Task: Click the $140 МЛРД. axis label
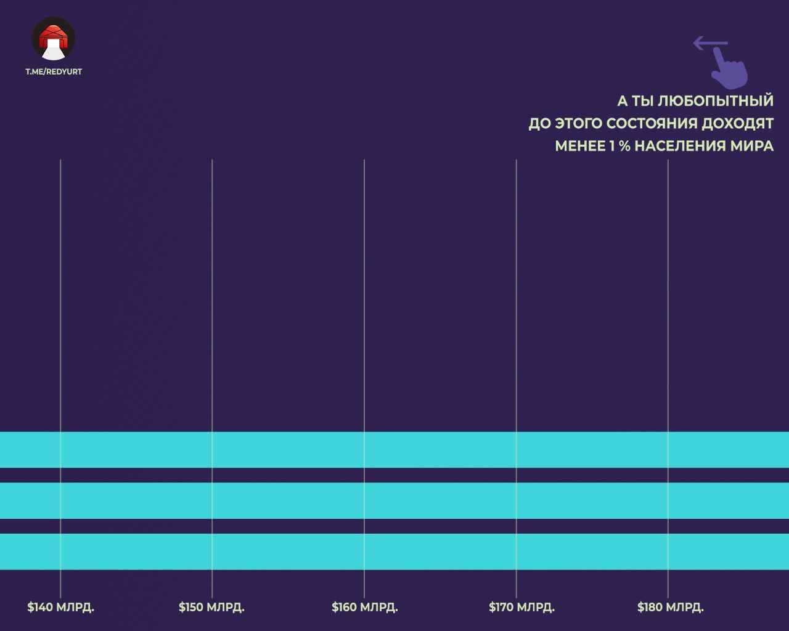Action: coord(61,607)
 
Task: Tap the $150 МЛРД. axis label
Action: coord(211,607)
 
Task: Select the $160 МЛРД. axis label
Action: coord(365,607)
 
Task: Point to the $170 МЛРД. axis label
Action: coord(521,607)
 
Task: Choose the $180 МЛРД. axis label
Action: coord(671,607)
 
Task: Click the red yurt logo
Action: coord(54,39)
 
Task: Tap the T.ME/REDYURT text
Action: coord(54,71)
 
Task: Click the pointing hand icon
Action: coord(729,69)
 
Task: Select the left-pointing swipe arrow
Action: coord(710,43)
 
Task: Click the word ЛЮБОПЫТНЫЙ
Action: coord(715,101)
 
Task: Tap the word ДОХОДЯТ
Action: coord(737,124)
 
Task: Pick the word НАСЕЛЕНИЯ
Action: coord(680,146)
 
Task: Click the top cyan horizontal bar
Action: coord(394,449)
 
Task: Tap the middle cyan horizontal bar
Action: coord(394,500)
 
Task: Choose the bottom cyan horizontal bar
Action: coord(394,552)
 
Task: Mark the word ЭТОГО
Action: coord(579,123)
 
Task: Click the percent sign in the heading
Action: coord(625,146)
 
